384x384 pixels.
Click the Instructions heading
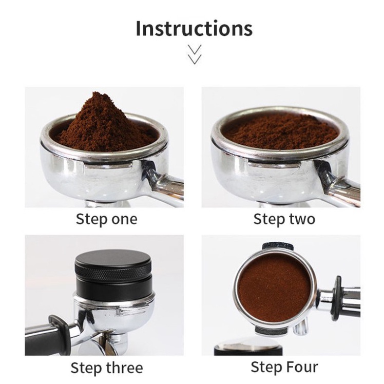tap(194, 28)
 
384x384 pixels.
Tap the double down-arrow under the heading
tap(195, 54)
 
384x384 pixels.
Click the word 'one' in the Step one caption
tap(124, 219)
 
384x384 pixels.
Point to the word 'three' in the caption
tap(124, 368)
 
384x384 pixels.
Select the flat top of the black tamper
tap(113, 257)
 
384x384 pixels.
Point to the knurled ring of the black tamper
tap(113, 272)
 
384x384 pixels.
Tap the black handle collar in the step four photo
tap(337, 298)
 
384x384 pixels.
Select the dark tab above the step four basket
tap(277, 246)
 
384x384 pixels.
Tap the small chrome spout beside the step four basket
tap(300, 327)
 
